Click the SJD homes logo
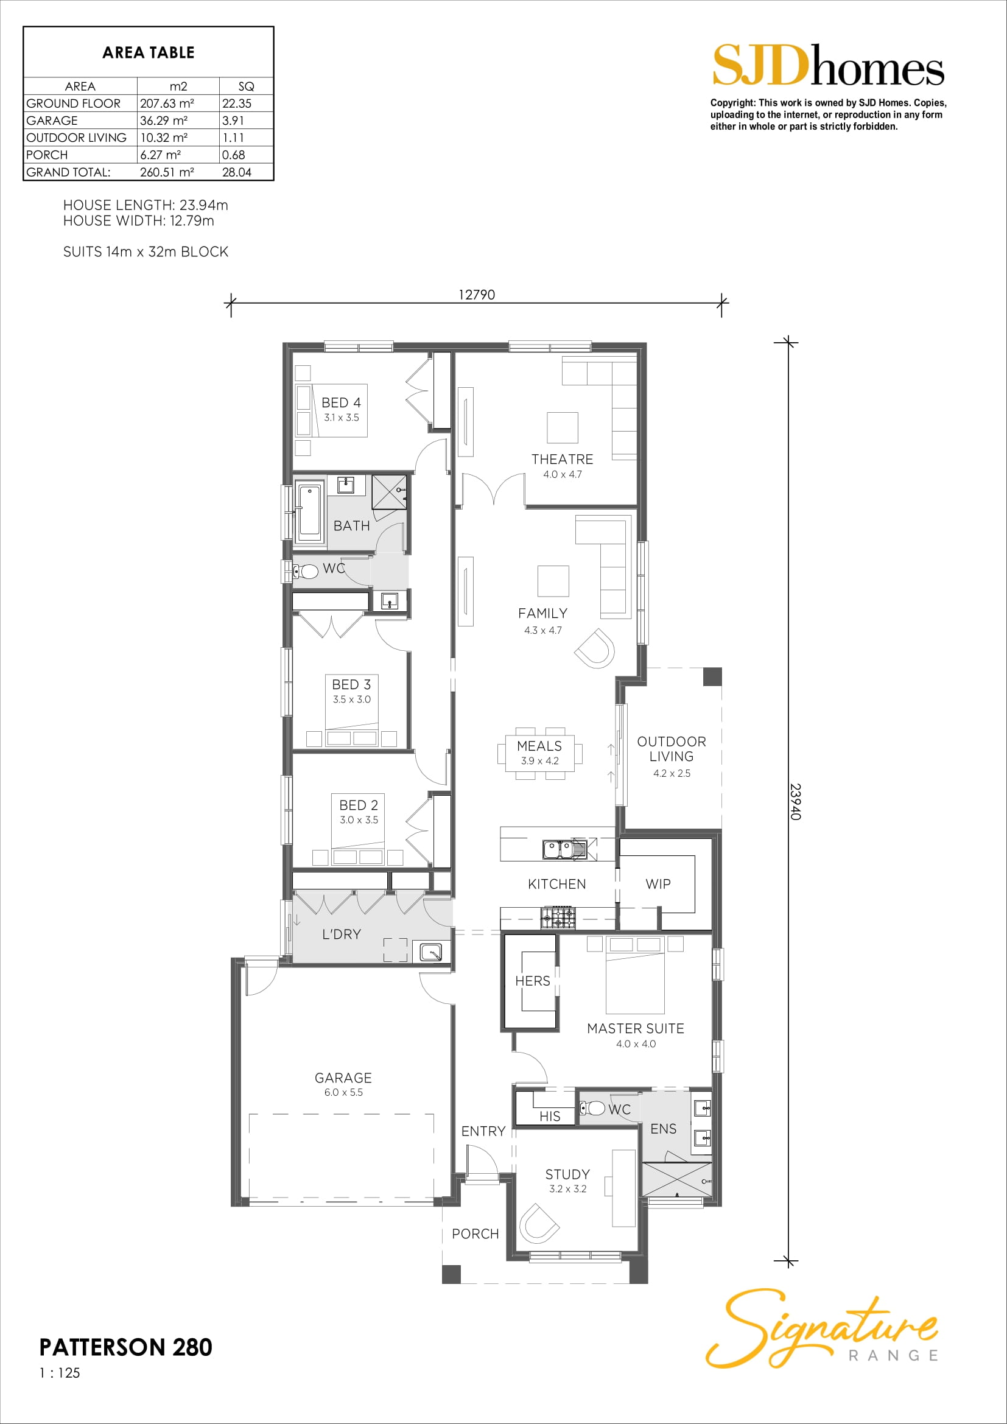[829, 65]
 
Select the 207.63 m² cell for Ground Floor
[167, 103]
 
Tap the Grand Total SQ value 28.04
[237, 172]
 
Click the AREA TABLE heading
[148, 53]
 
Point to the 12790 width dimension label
[476, 295]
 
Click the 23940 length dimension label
[796, 802]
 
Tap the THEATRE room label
[563, 459]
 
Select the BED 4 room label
[341, 402]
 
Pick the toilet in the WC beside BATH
[304, 570]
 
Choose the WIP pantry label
[658, 884]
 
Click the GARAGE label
[343, 1078]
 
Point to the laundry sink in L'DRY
[431, 952]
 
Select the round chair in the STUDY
[538, 1223]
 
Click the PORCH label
[475, 1233]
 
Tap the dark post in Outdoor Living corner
[712, 676]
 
